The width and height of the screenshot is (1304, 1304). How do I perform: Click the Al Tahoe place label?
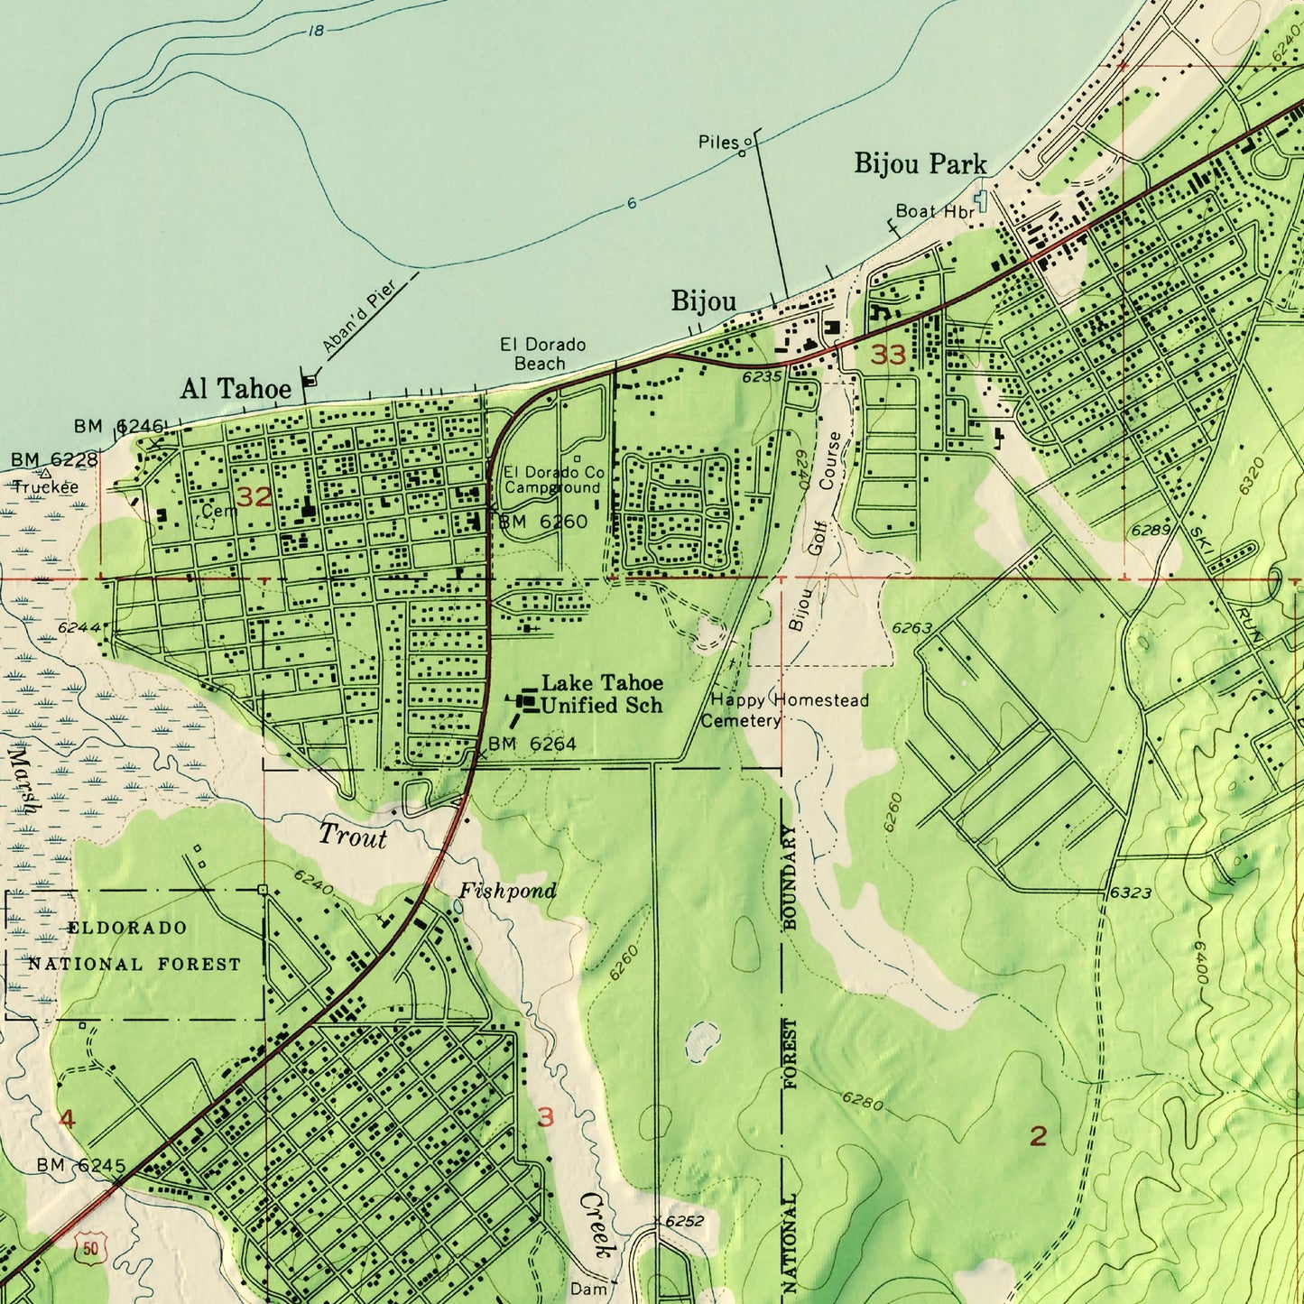pyautogui.click(x=236, y=389)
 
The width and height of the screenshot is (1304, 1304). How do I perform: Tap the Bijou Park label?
pyautogui.click(x=920, y=163)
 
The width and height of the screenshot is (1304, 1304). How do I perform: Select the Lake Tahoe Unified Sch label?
pyautogui.click(x=602, y=694)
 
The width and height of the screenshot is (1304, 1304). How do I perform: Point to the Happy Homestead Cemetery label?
pyautogui.click(x=784, y=710)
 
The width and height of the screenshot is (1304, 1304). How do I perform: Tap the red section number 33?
pyautogui.click(x=888, y=355)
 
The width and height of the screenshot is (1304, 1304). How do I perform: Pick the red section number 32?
pyautogui.click(x=254, y=496)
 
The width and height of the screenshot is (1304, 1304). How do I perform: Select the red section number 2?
pyautogui.click(x=1038, y=1136)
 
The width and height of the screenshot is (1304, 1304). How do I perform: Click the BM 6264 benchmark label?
pyautogui.click(x=532, y=744)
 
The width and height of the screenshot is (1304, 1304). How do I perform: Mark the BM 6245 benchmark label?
pyautogui.click(x=81, y=1165)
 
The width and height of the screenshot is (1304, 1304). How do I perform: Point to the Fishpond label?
pyautogui.click(x=507, y=892)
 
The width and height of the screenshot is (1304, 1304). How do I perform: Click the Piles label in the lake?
pyautogui.click(x=718, y=142)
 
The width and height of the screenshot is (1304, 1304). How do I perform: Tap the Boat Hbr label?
pyautogui.click(x=934, y=211)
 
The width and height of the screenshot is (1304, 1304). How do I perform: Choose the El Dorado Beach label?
pyautogui.click(x=542, y=354)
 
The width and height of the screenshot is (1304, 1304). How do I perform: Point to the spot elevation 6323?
pyautogui.click(x=1131, y=892)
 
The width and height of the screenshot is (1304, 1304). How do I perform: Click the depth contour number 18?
pyautogui.click(x=315, y=31)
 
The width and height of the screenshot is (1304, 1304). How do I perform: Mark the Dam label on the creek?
pyautogui.click(x=588, y=1290)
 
